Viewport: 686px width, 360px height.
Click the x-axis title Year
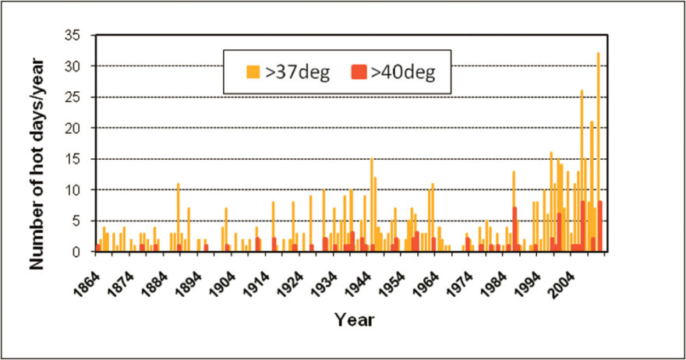coord(355,319)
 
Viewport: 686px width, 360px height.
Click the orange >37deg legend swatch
coord(253,72)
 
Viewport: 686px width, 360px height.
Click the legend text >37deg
coord(299,72)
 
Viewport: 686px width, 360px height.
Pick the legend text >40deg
coord(402,72)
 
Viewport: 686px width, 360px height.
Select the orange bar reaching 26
coord(582,171)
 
